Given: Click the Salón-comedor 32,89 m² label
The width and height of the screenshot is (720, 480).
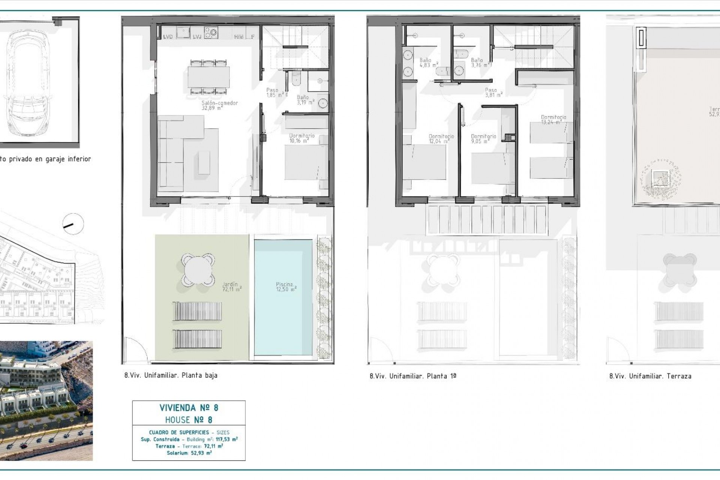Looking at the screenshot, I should point(220,105).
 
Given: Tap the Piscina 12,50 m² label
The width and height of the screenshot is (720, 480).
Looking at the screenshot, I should point(286,287).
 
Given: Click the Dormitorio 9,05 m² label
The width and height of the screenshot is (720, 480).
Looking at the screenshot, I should point(483,139).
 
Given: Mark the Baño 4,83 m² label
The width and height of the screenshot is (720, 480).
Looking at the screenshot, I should point(427,62).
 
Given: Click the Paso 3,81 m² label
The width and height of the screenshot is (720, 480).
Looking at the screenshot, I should point(493,92).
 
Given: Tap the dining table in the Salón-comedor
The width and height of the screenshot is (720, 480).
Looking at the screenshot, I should point(209,76).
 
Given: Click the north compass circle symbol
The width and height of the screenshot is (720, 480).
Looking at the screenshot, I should point(73,224).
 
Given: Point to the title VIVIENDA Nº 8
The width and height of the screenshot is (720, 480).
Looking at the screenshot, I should point(189,408).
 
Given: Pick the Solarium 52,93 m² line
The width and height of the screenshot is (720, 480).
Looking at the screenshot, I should point(189,453).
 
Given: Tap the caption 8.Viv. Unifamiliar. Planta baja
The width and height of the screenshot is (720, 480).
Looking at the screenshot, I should point(171,375).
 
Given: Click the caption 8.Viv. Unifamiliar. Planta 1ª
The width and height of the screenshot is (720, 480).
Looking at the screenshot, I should point(412,376).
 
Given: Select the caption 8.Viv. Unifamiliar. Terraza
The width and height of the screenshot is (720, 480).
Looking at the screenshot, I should point(650,376).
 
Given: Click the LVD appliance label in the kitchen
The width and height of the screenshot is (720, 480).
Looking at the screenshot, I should point(168,37).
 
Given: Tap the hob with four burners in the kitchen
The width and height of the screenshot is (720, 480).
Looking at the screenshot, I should point(211,32).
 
